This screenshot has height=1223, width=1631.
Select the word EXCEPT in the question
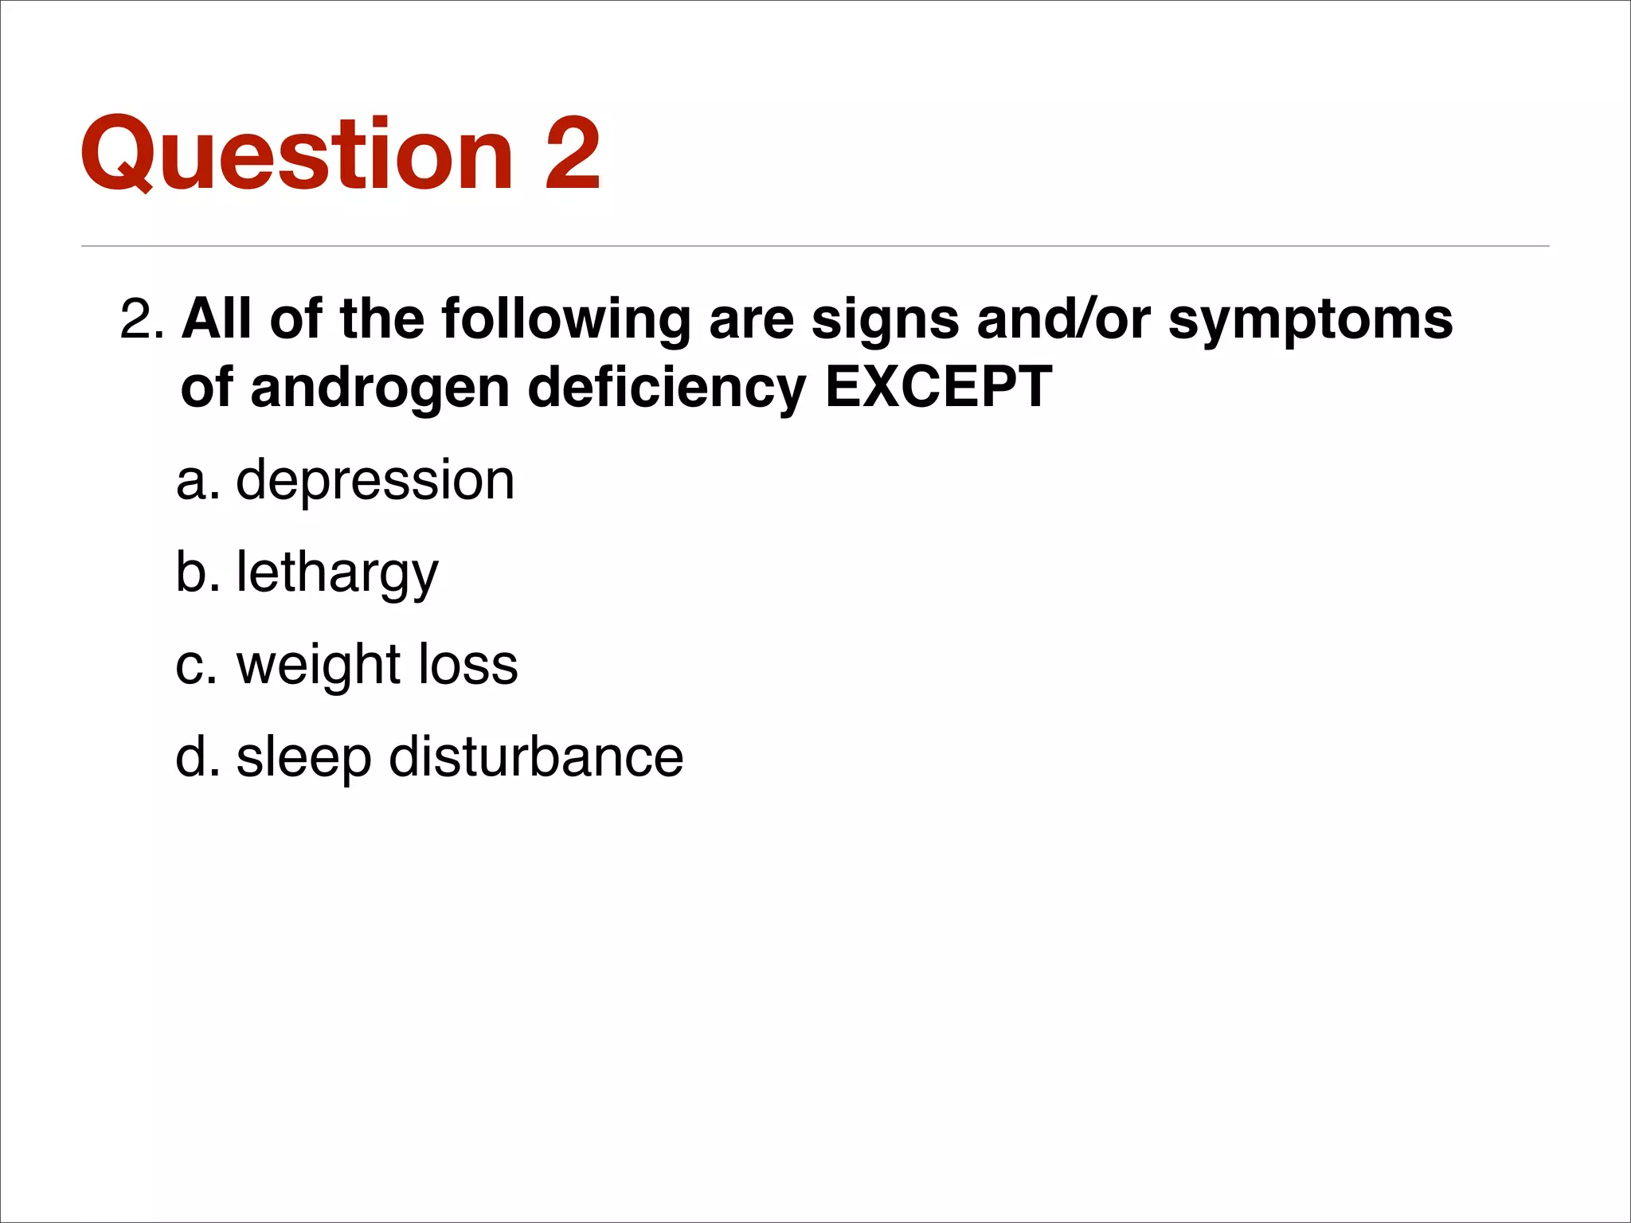pos(938,388)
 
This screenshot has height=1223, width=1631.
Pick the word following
pos(565,320)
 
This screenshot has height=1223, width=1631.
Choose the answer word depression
pos(375,482)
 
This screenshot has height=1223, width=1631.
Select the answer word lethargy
pos(337,573)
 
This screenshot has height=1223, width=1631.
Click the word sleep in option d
pos(303,758)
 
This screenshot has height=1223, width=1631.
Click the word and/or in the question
pos(1063,319)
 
